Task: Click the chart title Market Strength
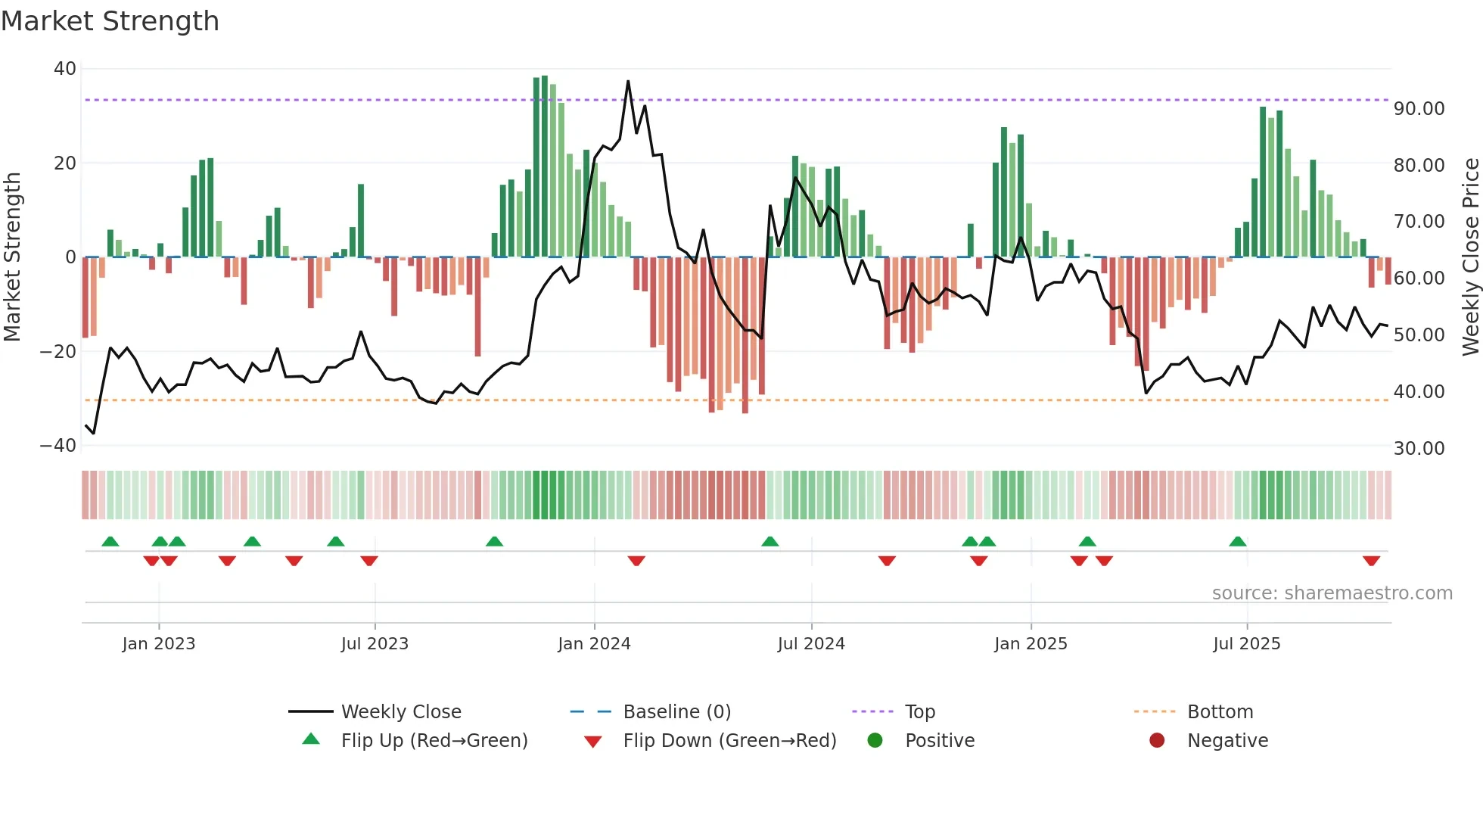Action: [110, 21]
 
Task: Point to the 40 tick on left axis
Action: [65, 69]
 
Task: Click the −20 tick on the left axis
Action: [58, 351]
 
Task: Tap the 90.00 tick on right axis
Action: [1419, 109]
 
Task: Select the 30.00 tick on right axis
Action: [1419, 449]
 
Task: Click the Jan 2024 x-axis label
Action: [594, 644]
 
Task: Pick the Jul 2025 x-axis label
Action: [1246, 644]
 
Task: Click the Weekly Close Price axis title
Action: [1470, 257]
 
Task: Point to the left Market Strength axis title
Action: [13, 257]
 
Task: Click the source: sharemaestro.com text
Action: [1332, 593]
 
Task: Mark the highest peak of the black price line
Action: [628, 82]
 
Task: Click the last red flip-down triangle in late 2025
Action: [1371, 561]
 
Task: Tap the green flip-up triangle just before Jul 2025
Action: [1238, 542]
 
